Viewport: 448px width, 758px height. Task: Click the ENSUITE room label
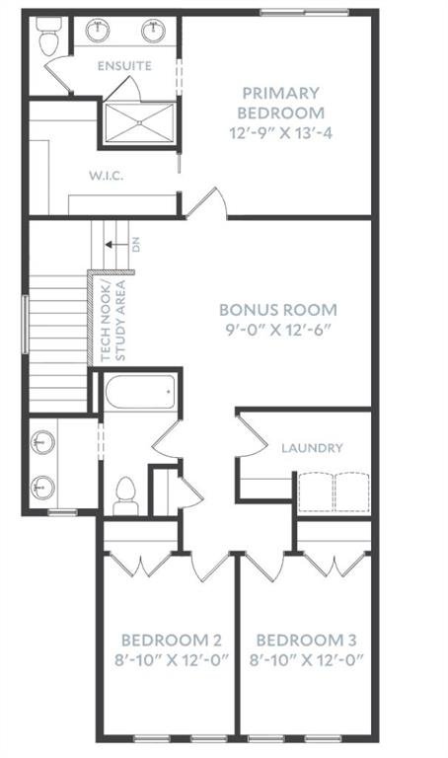124,66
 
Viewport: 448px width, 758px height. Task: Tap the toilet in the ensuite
48,36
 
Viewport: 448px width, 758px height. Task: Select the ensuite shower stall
140,122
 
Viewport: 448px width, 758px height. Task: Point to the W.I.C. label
106,176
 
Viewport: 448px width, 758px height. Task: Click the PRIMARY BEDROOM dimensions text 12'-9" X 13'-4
281,133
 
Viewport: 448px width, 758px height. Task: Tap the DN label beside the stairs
136,246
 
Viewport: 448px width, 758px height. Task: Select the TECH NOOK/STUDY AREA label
113,321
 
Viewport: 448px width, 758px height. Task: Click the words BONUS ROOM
278,310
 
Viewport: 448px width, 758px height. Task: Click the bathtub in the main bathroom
140,392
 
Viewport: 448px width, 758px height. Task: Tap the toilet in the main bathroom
125,496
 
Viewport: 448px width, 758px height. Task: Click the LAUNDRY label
312,448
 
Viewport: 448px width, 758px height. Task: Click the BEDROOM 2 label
171,640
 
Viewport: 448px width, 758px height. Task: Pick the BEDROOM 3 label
306,640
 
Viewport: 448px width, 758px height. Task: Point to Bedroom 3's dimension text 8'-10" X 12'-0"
306,660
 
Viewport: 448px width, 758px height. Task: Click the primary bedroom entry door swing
208,203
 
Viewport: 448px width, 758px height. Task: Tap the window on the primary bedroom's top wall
305,13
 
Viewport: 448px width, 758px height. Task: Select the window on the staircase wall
25,324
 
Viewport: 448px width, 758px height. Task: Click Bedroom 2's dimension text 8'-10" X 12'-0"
171,660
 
